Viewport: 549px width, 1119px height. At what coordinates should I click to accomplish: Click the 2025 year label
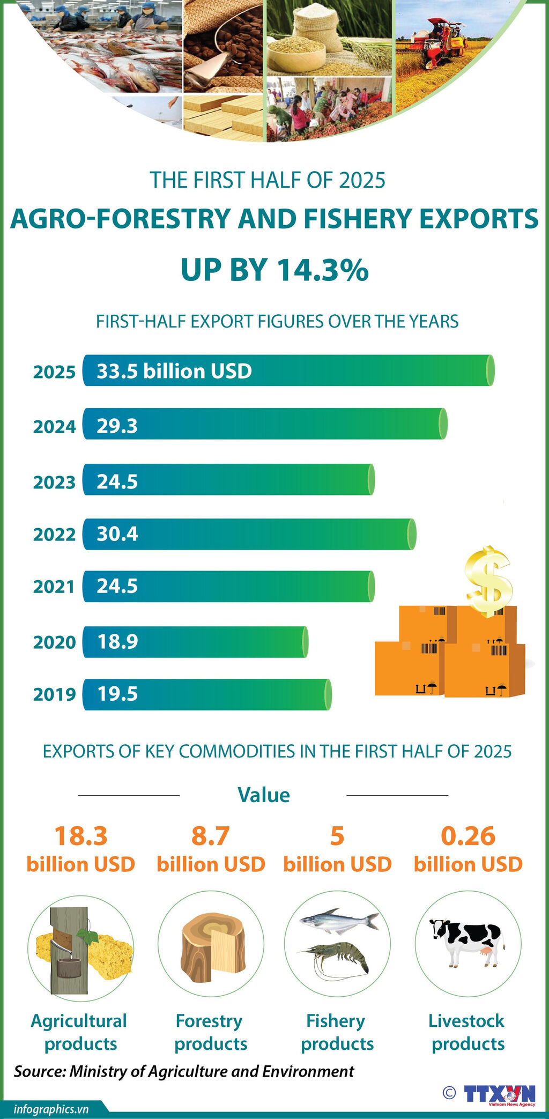[x=54, y=372]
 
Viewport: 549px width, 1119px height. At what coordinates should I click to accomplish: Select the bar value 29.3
[x=117, y=426]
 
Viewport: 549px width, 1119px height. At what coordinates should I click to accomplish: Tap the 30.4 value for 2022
[x=117, y=533]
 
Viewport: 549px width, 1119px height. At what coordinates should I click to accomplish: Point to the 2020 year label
[x=54, y=642]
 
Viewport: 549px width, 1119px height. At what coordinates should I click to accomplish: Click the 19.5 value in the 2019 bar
[x=117, y=694]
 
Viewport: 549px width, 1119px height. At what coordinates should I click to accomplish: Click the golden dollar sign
[x=488, y=581]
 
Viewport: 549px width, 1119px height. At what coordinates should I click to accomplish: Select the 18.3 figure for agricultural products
[x=81, y=836]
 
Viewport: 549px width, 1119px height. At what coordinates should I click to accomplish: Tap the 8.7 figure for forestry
[x=211, y=836]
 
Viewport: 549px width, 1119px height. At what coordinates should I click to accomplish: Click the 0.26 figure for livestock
[x=468, y=836]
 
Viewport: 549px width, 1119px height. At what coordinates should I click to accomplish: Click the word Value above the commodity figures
[x=263, y=795]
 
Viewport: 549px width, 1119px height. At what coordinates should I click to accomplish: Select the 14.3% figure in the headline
[x=322, y=270]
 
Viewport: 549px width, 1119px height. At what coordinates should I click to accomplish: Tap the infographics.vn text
[x=51, y=1109]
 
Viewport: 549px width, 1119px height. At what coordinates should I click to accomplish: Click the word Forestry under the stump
[x=209, y=1020]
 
